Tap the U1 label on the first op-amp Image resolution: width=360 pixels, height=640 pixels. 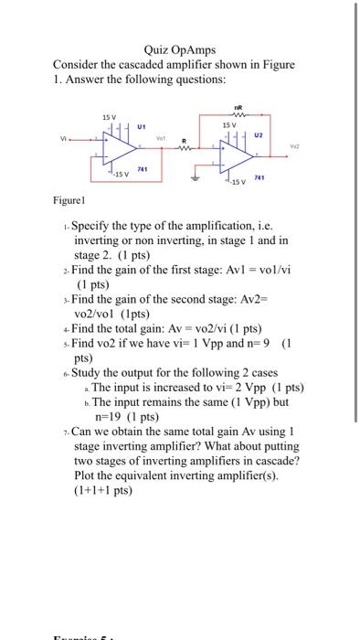(142, 126)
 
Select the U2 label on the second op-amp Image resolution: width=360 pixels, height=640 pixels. (258, 133)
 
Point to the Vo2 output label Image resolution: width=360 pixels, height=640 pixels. (294, 147)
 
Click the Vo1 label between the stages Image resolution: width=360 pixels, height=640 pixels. (162, 138)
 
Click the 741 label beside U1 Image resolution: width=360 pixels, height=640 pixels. (143, 169)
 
